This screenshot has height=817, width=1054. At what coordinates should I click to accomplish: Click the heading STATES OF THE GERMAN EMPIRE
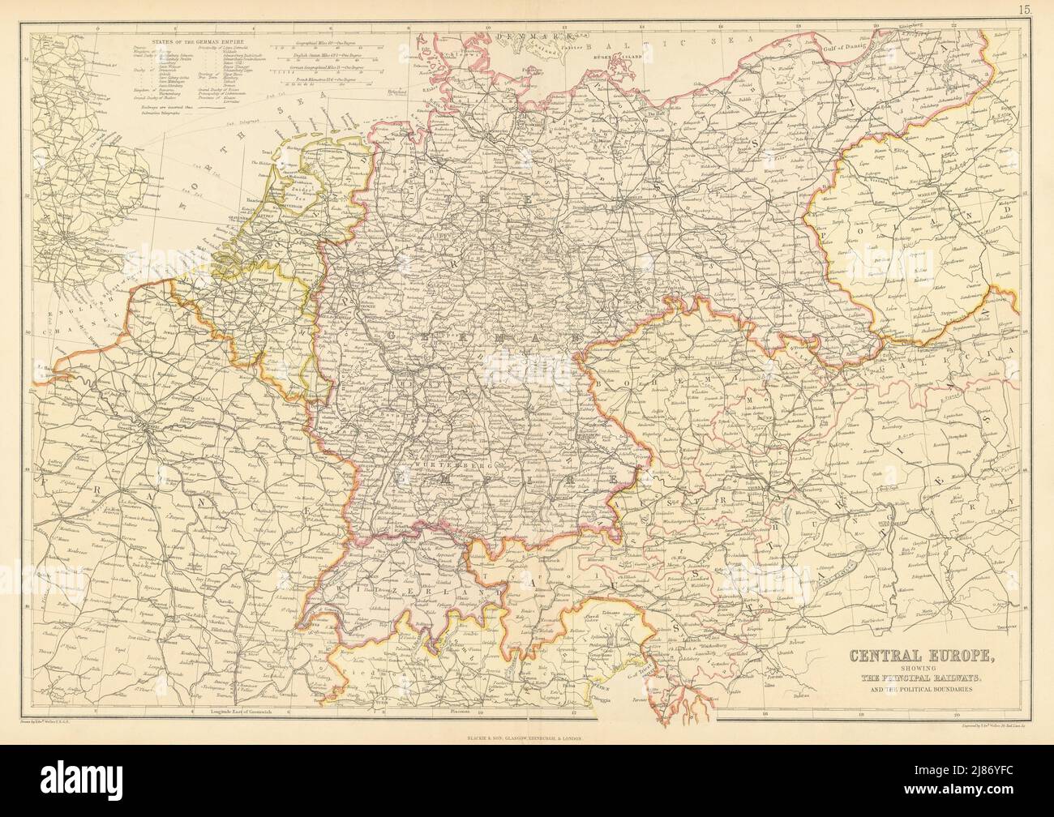(191, 38)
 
